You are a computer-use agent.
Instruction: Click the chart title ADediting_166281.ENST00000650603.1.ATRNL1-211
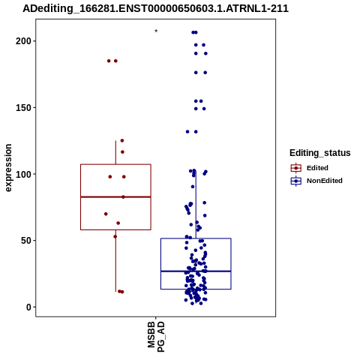coord(155,8)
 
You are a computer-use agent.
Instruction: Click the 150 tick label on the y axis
coord(24,107)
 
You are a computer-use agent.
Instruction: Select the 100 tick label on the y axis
coord(24,174)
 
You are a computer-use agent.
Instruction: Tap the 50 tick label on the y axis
coord(26,241)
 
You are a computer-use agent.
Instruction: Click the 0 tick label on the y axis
coord(29,307)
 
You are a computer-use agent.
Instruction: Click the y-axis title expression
coord(8,168)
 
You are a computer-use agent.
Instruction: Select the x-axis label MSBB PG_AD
coord(156,337)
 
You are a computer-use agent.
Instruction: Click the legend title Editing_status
coord(320,153)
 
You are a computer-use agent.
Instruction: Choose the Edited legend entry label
coord(317,168)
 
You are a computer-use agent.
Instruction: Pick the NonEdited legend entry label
coord(325,181)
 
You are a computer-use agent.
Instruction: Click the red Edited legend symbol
coord(296,168)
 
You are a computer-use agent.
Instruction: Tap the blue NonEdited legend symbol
coord(296,181)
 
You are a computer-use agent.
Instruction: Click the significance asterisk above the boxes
coord(156,31)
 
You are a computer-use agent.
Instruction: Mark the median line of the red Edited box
coord(115,197)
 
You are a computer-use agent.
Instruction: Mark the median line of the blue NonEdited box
coord(196,271)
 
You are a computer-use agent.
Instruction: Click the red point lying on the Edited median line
coord(123,197)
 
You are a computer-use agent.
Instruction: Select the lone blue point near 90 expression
coord(193,187)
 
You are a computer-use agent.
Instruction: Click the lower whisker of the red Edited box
coord(115,260)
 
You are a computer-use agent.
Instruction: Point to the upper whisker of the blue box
coord(196,205)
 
